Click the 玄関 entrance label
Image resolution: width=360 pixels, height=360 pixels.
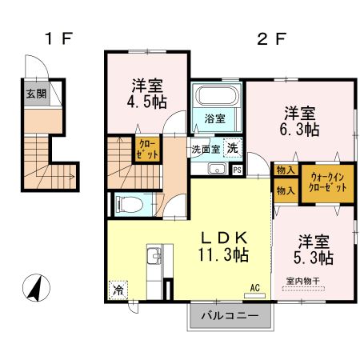point(35,94)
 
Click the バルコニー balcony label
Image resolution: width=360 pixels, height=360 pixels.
point(230,316)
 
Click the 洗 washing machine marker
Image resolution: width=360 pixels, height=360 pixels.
point(231,148)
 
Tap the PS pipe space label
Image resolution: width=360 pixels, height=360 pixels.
point(237,169)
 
